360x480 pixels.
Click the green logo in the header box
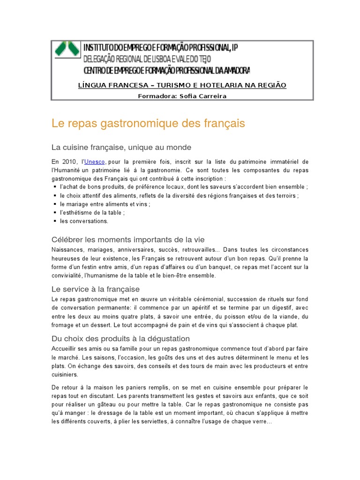(x=66, y=48)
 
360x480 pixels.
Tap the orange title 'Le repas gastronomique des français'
(x=148, y=124)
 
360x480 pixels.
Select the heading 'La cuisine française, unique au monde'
(x=121, y=147)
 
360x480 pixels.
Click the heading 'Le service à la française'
(x=96, y=289)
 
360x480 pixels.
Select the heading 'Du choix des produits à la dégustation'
(x=120, y=338)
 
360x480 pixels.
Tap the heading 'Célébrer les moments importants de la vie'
(x=128, y=240)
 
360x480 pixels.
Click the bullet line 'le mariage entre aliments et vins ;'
(x=105, y=204)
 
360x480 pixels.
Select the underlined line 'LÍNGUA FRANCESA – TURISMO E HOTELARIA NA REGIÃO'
(x=182, y=85)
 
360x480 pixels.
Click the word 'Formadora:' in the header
(x=154, y=96)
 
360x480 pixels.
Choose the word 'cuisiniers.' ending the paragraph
(x=65, y=375)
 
